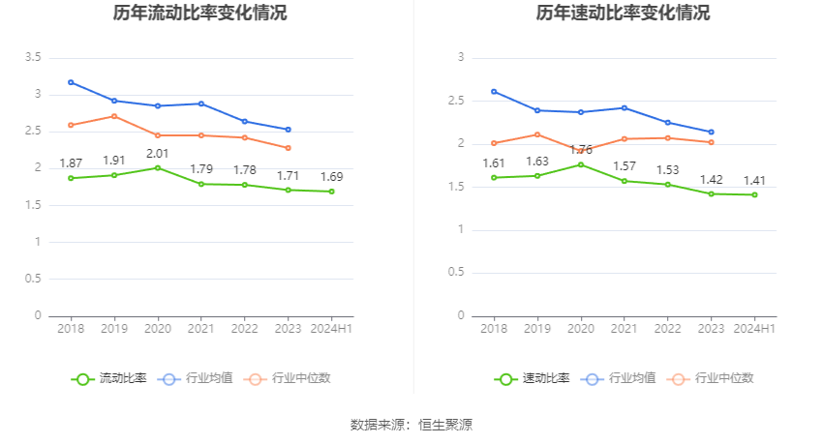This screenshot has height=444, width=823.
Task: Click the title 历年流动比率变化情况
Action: [x=199, y=14]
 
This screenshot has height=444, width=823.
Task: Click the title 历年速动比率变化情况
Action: [x=623, y=14]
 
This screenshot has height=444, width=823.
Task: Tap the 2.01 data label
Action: [x=158, y=153]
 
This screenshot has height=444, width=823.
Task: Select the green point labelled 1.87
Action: [x=71, y=178]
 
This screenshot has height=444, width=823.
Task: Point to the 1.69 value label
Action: [x=331, y=177]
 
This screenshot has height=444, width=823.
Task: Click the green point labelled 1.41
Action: [x=754, y=194]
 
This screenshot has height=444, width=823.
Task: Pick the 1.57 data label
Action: [x=625, y=166]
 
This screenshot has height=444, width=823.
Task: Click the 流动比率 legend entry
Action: [x=109, y=378]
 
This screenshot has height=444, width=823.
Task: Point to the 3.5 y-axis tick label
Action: [x=32, y=58]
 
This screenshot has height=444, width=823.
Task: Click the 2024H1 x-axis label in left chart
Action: [x=331, y=329]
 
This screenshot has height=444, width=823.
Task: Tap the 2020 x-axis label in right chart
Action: [x=580, y=329]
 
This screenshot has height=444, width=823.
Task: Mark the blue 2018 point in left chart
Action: [x=71, y=82]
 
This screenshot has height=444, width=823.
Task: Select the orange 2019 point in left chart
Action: [x=114, y=116]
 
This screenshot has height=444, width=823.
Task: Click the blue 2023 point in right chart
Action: [x=711, y=132]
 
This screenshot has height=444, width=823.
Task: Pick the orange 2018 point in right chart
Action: [x=494, y=143]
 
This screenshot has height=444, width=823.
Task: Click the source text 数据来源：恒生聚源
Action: [x=411, y=424]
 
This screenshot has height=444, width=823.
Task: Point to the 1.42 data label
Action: [x=711, y=179]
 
